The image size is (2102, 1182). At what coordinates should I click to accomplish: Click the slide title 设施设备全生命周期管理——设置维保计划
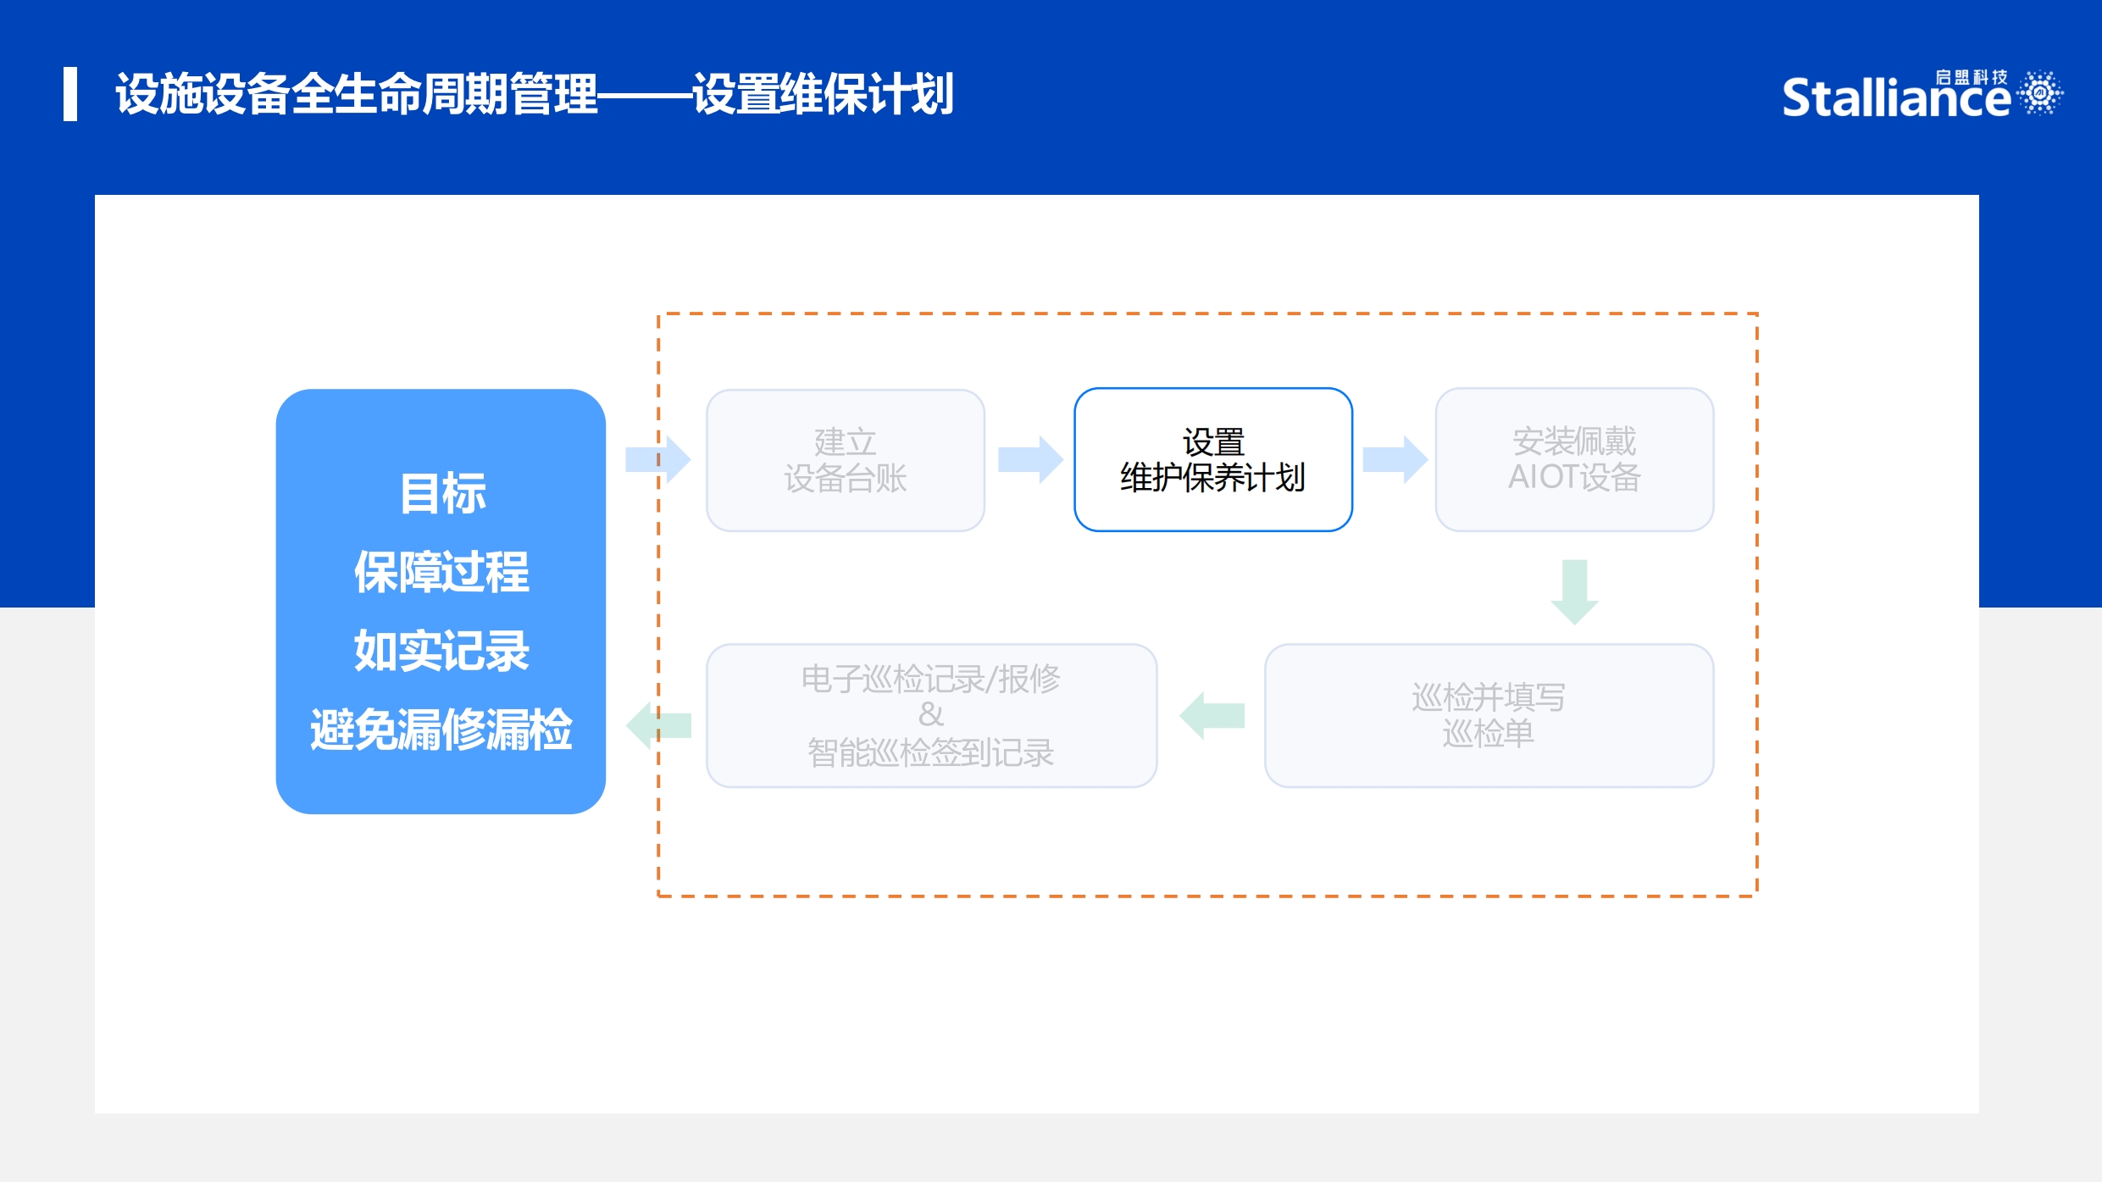[535, 94]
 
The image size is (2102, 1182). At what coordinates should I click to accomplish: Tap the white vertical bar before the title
[70, 94]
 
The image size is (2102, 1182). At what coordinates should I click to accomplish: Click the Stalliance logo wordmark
[1896, 97]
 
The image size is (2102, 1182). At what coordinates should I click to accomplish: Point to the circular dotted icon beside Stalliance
[2040, 92]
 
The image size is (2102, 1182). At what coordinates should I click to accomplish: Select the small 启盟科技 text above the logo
[1972, 77]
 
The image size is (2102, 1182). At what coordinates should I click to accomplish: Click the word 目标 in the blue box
[442, 493]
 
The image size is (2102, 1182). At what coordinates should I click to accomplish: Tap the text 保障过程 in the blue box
[441, 571]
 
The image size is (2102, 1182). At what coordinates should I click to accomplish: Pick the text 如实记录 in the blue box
[441, 650]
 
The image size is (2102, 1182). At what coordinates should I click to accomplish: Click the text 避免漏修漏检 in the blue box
[441, 729]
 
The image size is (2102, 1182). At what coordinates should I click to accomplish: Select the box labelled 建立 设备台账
[846, 460]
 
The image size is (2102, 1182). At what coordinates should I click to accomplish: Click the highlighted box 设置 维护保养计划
[1213, 460]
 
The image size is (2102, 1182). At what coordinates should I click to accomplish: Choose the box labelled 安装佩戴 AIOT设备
[1574, 460]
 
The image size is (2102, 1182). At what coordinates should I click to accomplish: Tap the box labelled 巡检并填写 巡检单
[1489, 715]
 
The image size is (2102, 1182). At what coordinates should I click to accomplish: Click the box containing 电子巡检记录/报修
[931, 715]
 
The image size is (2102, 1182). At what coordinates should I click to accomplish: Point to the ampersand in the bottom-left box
[931, 714]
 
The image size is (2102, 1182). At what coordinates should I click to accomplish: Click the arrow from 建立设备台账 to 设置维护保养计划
[1030, 460]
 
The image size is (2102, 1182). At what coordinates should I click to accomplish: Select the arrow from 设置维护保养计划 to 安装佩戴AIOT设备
[1395, 460]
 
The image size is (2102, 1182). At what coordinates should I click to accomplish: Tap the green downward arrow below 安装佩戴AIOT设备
[1574, 592]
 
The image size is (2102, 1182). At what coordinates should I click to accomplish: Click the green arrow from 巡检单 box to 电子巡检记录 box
[1212, 716]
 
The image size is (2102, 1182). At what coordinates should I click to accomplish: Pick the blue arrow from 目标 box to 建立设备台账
[658, 460]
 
